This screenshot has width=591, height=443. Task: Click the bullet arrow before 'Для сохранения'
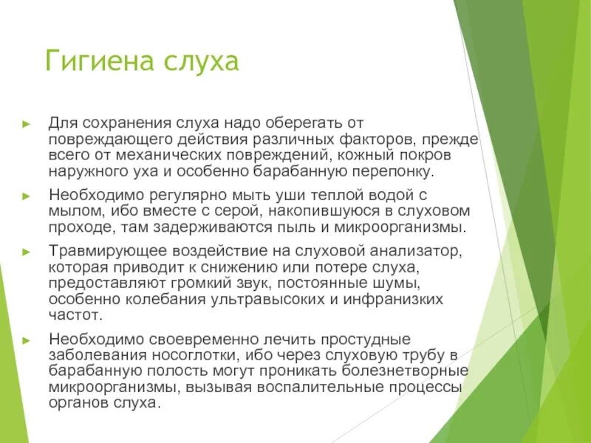27,122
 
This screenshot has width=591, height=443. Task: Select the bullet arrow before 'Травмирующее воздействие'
27,252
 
